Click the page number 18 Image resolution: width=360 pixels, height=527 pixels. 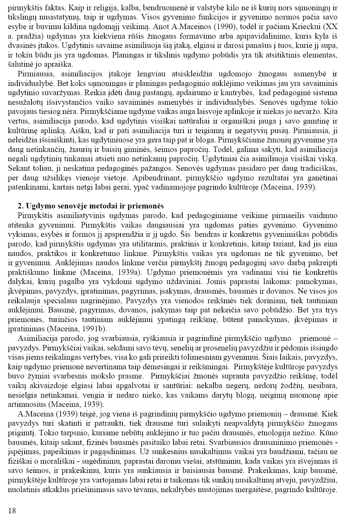(12, 511)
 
